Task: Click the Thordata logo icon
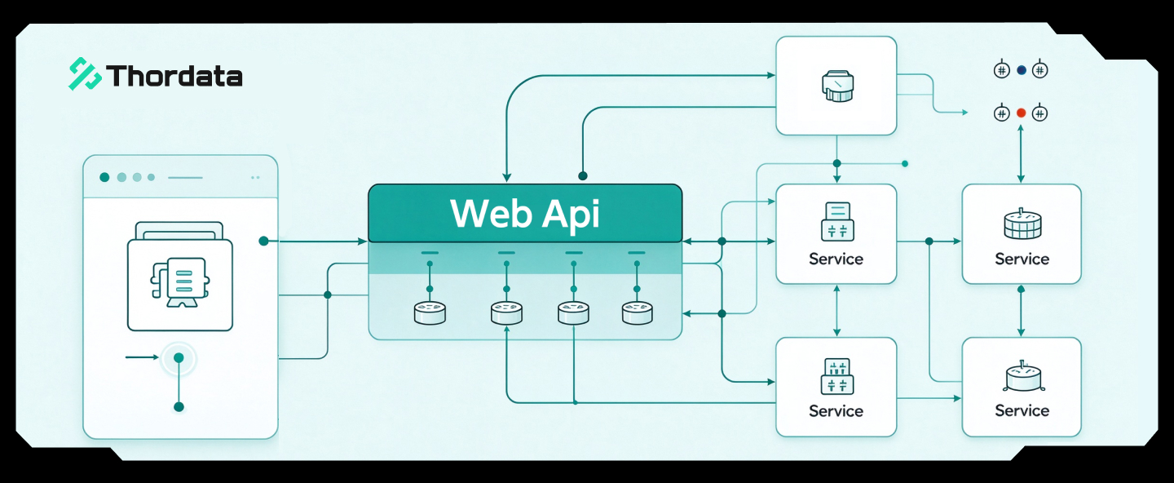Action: tap(85, 73)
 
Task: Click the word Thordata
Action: tap(174, 76)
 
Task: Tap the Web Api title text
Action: tap(525, 214)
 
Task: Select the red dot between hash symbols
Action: tap(1021, 113)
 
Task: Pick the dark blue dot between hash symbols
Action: tap(1021, 69)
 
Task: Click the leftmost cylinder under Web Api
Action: tap(430, 312)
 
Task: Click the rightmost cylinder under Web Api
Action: tap(637, 312)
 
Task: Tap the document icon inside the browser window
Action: tap(180, 281)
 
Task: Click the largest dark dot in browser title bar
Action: tap(104, 177)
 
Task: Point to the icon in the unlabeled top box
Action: tap(837, 86)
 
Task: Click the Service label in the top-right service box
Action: tap(1022, 259)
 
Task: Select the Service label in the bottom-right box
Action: tap(1022, 410)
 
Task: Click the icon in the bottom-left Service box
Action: tap(836, 376)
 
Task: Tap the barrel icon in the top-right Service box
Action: tap(1022, 224)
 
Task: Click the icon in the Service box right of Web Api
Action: tap(837, 221)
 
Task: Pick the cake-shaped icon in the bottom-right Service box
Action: tap(1024, 377)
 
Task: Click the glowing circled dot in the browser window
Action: tap(179, 358)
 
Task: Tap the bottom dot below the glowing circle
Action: tap(179, 407)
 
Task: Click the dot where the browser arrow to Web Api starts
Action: tap(263, 241)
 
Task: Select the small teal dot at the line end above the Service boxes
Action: tap(905, 164)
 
